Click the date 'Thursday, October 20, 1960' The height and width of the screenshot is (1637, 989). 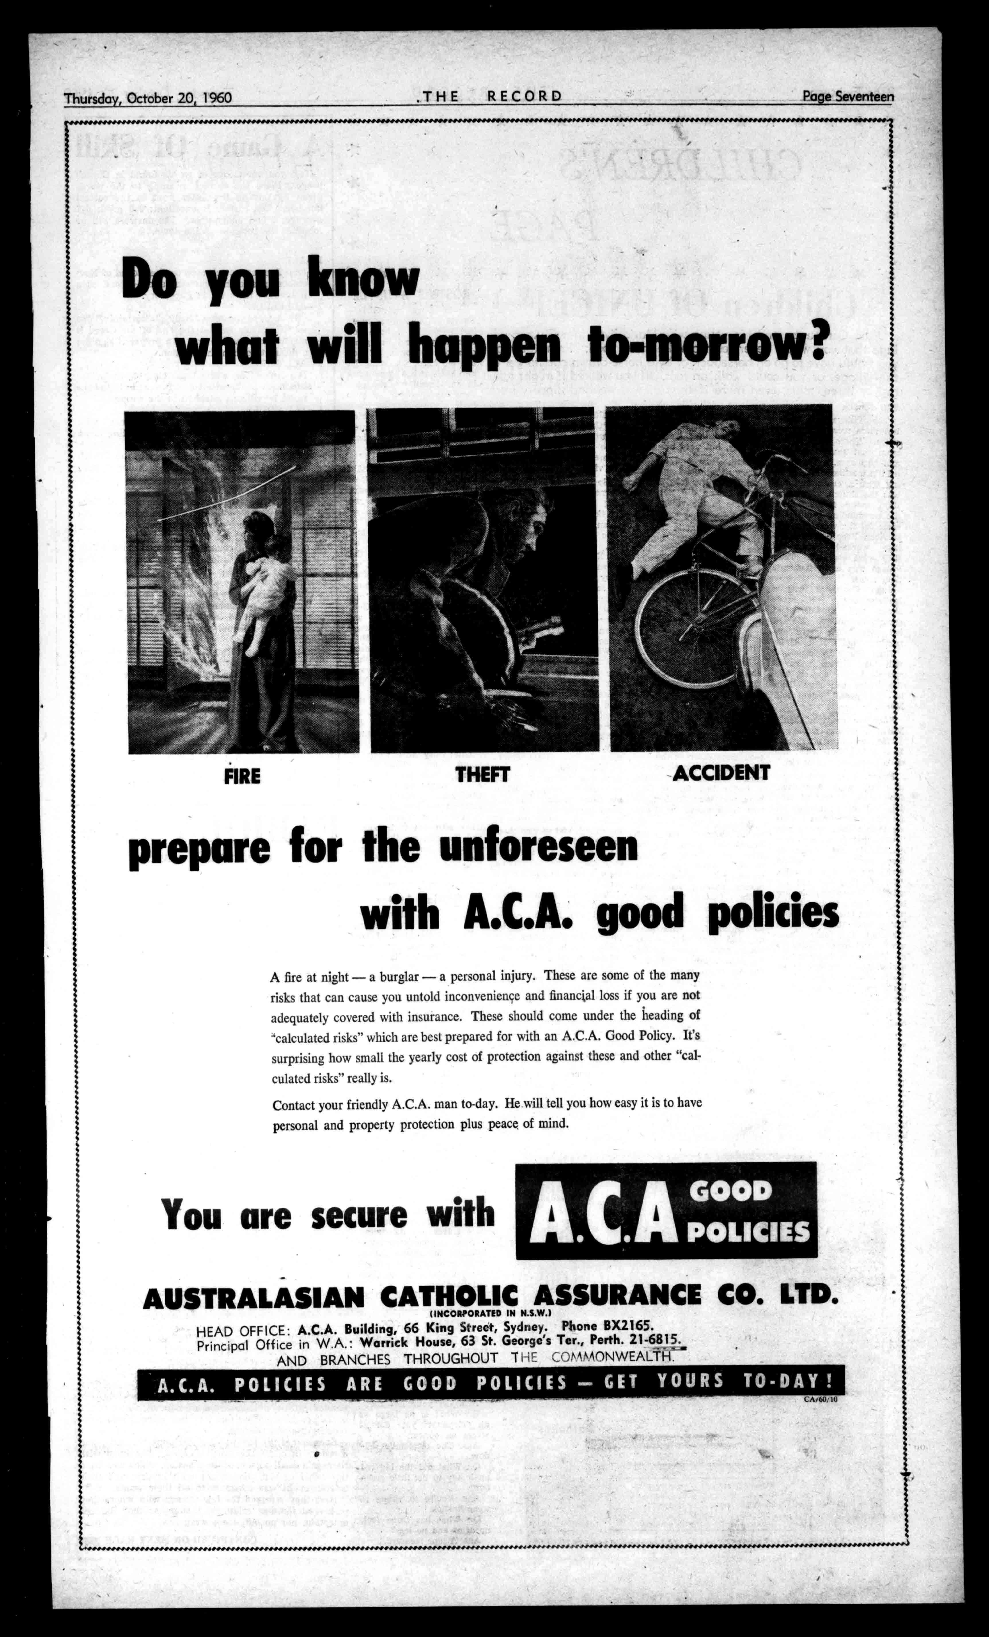pos(147,98)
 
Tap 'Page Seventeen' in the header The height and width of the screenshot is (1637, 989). pos(848,96)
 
